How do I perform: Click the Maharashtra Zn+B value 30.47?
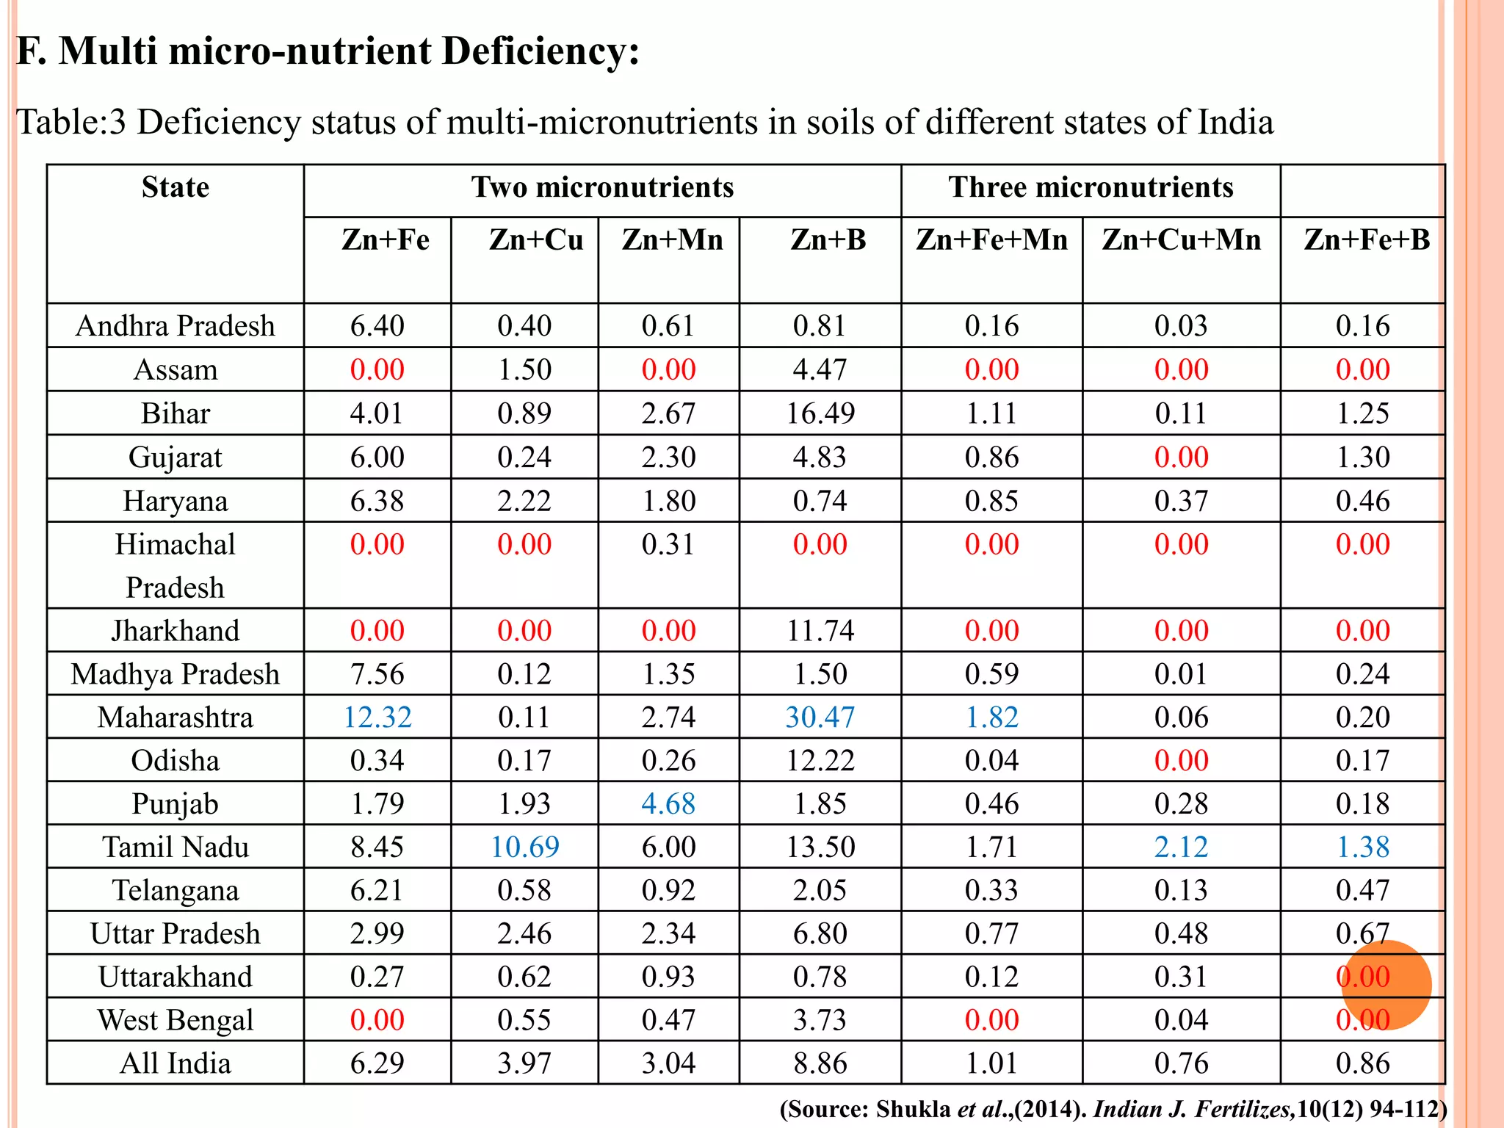click(820, 717)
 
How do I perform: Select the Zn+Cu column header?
click(535, 240)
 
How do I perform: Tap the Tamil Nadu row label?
click(175, 847)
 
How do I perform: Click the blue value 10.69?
click(524, 847)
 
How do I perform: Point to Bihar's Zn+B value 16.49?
click(820, 413)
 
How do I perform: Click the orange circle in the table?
click(1386, 985)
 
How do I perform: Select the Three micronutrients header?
click(1090, 188)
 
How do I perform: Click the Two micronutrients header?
click(602, 188)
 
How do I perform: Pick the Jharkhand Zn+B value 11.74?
click(820, 631)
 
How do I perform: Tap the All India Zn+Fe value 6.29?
click(377, 1063)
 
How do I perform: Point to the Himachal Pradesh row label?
click(175, 565)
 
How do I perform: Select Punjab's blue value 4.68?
click(668, 804)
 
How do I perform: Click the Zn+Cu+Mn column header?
click(1181, 240)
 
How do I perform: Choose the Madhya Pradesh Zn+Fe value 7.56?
click(377, 674)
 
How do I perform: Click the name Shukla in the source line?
click(913, 1109)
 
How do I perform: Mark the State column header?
click(175, 188)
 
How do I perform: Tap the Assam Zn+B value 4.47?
click(820, 370)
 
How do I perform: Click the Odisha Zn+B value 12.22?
click(820, 761)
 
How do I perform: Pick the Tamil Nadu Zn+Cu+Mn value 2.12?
click(1181, 847)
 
